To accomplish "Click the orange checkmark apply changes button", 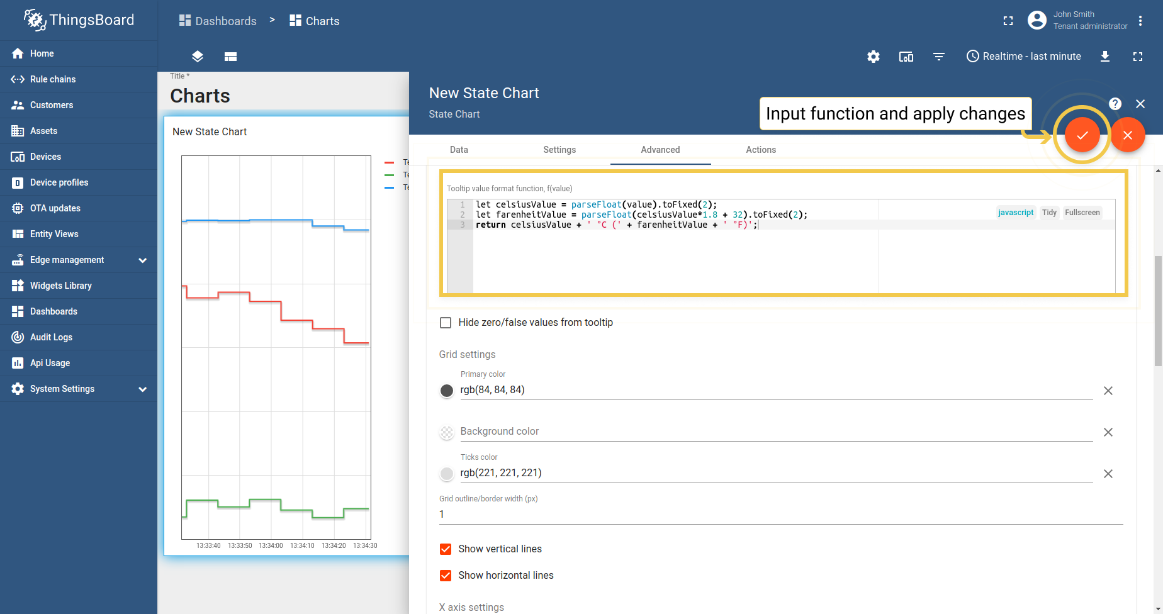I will point(1082,135).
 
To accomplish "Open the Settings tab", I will point(559,150).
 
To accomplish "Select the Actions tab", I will point(760,150).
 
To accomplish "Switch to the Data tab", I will point(459,150).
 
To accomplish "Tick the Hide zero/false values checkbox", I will point(446,323).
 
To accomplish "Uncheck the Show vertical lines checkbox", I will point(446,549).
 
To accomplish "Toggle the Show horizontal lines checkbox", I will point(446,576).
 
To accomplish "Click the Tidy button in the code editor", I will point(1049,213).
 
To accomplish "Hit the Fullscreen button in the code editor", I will point(1082,213).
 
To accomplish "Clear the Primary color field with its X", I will point(1108,391).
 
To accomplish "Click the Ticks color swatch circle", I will point(447,474).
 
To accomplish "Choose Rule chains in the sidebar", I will point(53,79).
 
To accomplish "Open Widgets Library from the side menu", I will point(60,286).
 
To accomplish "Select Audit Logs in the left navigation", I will point(51,337).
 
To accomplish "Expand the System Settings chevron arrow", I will point(143,389).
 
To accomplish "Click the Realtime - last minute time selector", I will point(1024,57).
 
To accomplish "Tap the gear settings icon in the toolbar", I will point(873,57).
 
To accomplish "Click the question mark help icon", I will point(1115,104).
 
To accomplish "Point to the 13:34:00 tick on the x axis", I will point(271,545).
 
